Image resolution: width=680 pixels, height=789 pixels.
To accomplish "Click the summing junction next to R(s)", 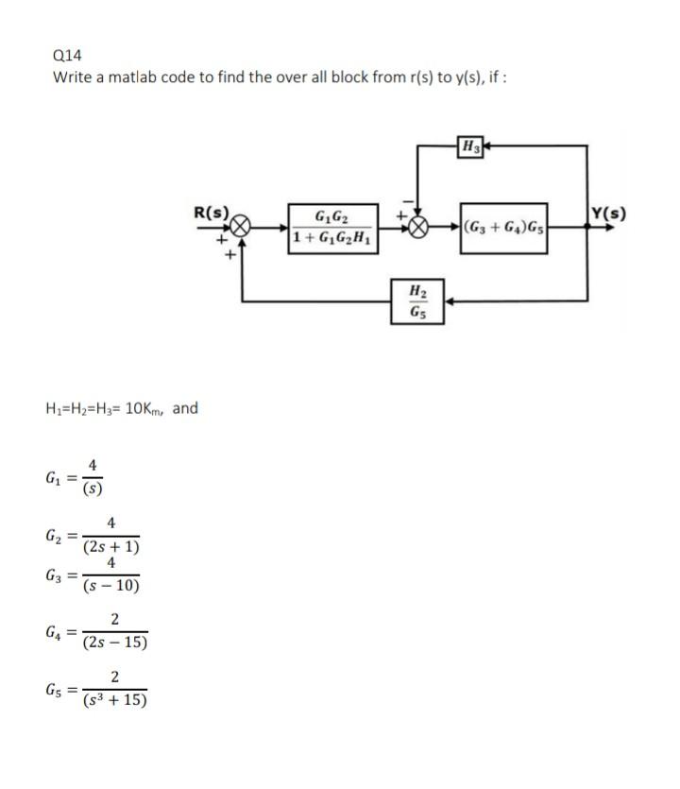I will coord(242,228).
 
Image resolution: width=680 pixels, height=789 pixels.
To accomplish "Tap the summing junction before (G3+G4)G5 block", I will coord(418,228).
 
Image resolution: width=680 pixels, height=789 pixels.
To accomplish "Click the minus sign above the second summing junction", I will coord(409,201).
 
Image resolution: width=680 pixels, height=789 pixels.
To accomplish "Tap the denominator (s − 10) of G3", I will coord(111,586).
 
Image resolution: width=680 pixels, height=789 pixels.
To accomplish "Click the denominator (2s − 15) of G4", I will coord(114,643).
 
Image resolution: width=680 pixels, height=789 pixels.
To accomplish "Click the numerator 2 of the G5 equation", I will coord(114,677).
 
